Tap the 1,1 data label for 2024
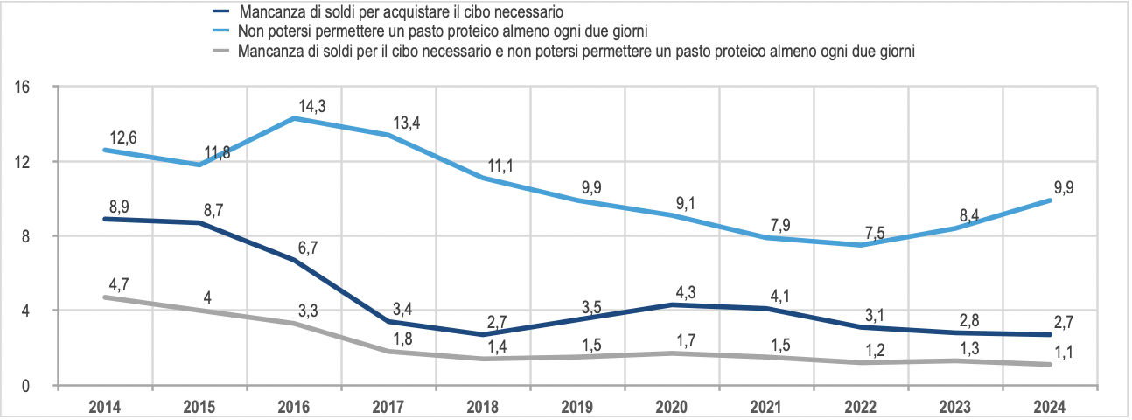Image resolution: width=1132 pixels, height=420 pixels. pos(1065,353)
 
